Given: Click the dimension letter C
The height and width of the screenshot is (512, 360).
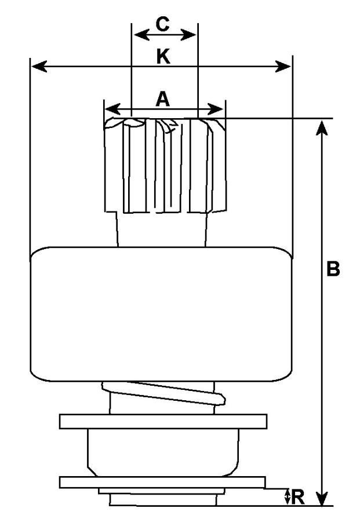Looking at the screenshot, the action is pyautogui.click(x=162, y=24).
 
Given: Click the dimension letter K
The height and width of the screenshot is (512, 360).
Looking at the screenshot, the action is pyautogui.click(x=163, y=56).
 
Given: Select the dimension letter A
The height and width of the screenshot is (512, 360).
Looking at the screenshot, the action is pyautogui.click(x=163, y=99).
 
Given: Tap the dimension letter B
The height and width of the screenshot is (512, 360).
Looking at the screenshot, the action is pyautogui.click(x=333, y=269).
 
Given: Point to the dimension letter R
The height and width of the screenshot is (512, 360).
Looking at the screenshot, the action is pyautogui.click(x=297, y=497).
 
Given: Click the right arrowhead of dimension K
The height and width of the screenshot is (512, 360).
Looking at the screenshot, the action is pyautogui.click(x=283, y=66).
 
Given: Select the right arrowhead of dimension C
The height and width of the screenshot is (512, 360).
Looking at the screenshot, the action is pyautogui.click(x=188, y=35).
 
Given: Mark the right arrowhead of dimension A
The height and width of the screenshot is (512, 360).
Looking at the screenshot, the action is pyautogui.click(x=216, y=109).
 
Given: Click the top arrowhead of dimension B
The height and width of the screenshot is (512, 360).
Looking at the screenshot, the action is pyautogui.click(x=322, y=127).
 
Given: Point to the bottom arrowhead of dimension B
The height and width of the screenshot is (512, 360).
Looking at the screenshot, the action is pyautogui.click(x=322, y=497).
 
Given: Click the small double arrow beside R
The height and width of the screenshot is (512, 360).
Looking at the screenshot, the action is pyautogui.click(x=287, y=497).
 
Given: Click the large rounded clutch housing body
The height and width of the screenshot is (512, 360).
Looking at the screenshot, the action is pyautogui.click(x=161, y=314).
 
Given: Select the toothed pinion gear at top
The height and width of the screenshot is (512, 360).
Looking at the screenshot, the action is pyautogui.click(x=165, y=165).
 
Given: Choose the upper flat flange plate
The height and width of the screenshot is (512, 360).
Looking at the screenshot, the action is pyautogui.click(x=163, y=421).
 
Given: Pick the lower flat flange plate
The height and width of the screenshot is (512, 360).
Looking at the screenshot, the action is pyautogui.click(x=162, y=482).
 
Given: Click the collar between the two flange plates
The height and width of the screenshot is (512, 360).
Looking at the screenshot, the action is pyautogui.click(x=163, y=452).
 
